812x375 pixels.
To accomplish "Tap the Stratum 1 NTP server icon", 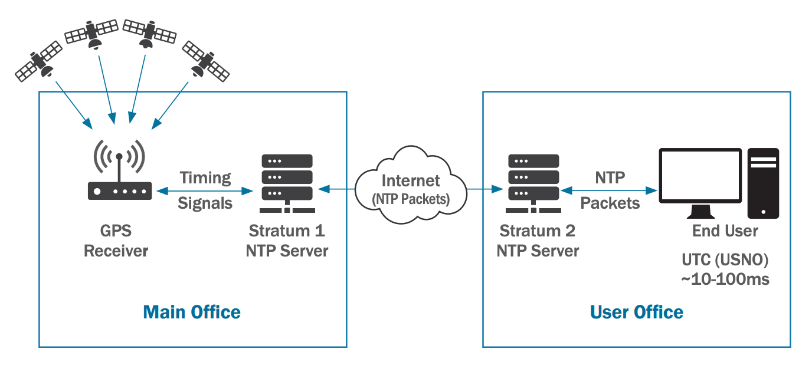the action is click(287, 183).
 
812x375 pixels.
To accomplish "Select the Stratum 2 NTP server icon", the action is click(533, 183).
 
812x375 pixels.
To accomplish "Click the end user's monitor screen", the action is click(700, 175).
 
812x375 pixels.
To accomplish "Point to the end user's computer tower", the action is click(763, 183).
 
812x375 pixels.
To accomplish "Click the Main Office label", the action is click(192, 312).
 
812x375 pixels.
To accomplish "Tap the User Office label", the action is click(637, 312).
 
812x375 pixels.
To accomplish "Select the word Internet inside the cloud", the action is click(411, 180).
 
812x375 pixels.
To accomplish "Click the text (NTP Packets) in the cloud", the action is click(411, 199).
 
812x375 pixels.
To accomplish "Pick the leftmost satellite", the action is click(39, 61).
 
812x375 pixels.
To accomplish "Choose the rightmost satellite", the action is click(205, 61).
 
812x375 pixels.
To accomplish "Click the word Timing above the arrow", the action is click(205, 177).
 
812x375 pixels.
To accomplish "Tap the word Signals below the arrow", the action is click(205, 203).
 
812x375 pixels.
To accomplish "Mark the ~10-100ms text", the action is click(725, 279).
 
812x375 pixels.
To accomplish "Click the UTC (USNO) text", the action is click(725, 260).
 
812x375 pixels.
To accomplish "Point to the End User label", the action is click(725, 231).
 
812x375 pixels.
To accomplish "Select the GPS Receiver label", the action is click(116, 241).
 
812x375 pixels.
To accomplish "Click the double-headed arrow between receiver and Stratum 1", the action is click(205, 191).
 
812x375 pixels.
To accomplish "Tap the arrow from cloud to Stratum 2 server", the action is click(484, 189).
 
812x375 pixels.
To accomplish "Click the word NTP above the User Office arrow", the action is click(610, 177).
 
